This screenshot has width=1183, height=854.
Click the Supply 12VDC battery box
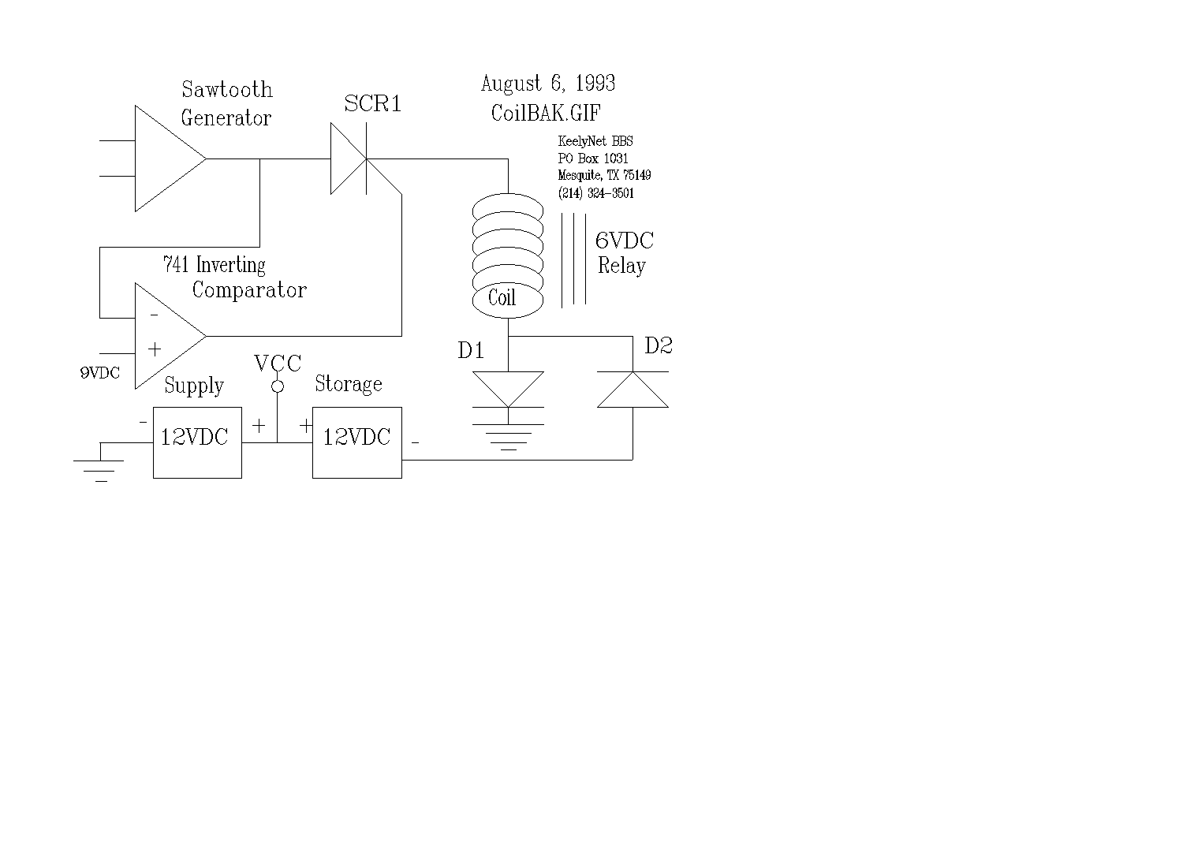tap(197, 442)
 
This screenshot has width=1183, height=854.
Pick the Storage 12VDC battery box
tap(357, 442)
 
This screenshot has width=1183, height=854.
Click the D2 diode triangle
tap(633, 390)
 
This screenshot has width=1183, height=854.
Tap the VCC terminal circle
tap(278, 386)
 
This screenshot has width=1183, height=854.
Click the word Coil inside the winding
tap(502, 298)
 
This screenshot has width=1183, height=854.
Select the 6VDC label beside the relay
tap(624, 241)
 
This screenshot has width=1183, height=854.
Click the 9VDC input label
tap(100, 373)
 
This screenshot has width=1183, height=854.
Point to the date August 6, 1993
tap(548, 84)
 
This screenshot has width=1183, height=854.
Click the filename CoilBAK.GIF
tap(546, 113)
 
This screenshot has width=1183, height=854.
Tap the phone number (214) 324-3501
tap(596, 193)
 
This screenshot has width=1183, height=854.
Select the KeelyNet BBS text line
tap(595, 142)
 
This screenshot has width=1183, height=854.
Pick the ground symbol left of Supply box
tap(100, 469)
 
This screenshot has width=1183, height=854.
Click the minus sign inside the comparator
tap(154, 315)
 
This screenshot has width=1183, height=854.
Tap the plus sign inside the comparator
tap(155, 349)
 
